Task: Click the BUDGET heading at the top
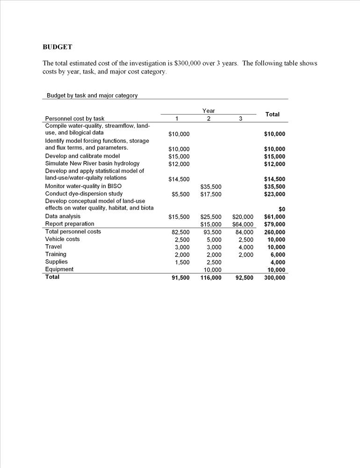tap(57, 47)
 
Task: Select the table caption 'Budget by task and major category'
tap(92, 95)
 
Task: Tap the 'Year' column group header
tap(209, 111)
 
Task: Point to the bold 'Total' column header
tap(272, 114)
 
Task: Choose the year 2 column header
tap(209, 119)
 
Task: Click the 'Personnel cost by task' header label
tap(75, 119)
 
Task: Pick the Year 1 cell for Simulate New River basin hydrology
tap(179, 164)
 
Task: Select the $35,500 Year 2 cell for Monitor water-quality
tap(211, 186)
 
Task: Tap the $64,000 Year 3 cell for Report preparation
tap(243, 224)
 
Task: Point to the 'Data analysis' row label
tap(63, 216)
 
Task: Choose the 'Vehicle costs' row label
tap(62, 239)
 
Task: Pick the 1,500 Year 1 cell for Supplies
tap(182, 263)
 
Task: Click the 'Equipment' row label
tap(59, 269)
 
